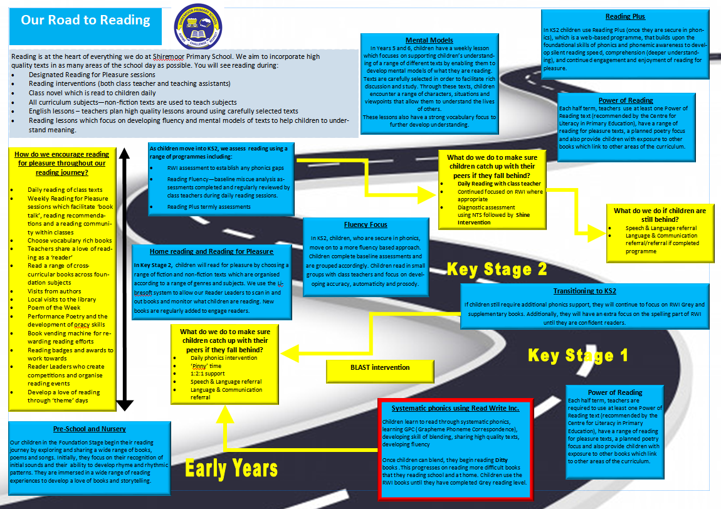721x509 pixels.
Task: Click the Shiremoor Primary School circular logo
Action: pos(198,27)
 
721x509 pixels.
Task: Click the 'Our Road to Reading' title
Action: pos(85,20)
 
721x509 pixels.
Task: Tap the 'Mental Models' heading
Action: pos(429,41)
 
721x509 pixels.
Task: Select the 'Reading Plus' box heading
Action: pos(625,16)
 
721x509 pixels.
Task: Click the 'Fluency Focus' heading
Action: pos(366,224)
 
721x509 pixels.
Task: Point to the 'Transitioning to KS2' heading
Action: pos(584,291)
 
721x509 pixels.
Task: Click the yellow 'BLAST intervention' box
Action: pos(380,370)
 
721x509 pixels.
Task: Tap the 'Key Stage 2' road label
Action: pos(497,269)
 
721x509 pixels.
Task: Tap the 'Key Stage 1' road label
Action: pos(577,355)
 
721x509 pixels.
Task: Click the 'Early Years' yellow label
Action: pos(231,468)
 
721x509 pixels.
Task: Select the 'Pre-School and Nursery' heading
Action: pos(89,429)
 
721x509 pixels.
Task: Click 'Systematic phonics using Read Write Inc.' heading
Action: pos(455,408)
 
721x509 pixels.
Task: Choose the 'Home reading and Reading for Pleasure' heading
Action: pos(211,251)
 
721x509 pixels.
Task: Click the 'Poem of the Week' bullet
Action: pos(54,308)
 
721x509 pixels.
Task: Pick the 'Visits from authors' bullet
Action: pos(55,291)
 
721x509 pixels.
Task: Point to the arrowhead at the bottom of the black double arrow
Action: pos(125,405)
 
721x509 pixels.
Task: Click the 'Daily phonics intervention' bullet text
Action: pos(224,358)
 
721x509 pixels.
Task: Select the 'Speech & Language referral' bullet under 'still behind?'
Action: pos(661,228)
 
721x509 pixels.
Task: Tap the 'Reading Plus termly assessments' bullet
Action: pos(209,207)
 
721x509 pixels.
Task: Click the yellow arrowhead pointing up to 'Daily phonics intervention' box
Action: pos(225,414)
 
